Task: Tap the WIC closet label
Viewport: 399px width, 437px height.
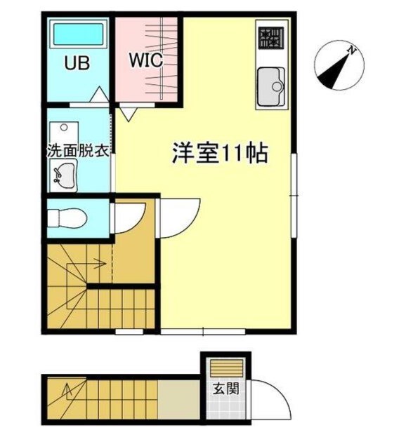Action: point(145,60)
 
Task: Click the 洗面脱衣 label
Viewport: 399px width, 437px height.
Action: point(77,151)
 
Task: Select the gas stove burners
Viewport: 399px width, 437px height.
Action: point(269,39)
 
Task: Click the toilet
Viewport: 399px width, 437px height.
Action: point(67,217)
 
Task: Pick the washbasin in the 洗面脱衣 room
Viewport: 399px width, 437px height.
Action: point(65,174)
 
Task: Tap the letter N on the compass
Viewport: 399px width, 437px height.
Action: point(354,51)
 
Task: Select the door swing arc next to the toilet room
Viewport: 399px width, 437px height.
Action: point(129,217)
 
